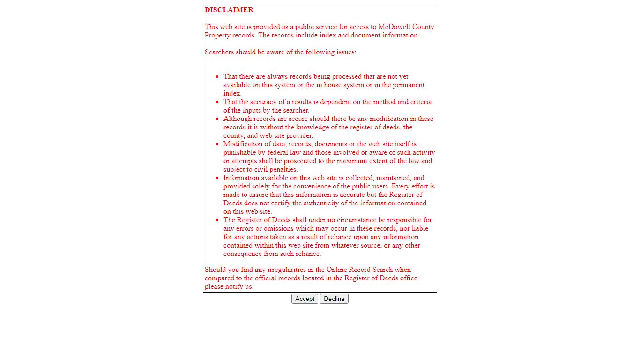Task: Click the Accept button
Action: click(305, 299)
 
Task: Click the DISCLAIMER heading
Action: click(229, 10)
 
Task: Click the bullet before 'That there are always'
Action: click(217, 76)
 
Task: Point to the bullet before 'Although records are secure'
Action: click(217, 119)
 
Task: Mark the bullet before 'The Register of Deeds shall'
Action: click(217, 220)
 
